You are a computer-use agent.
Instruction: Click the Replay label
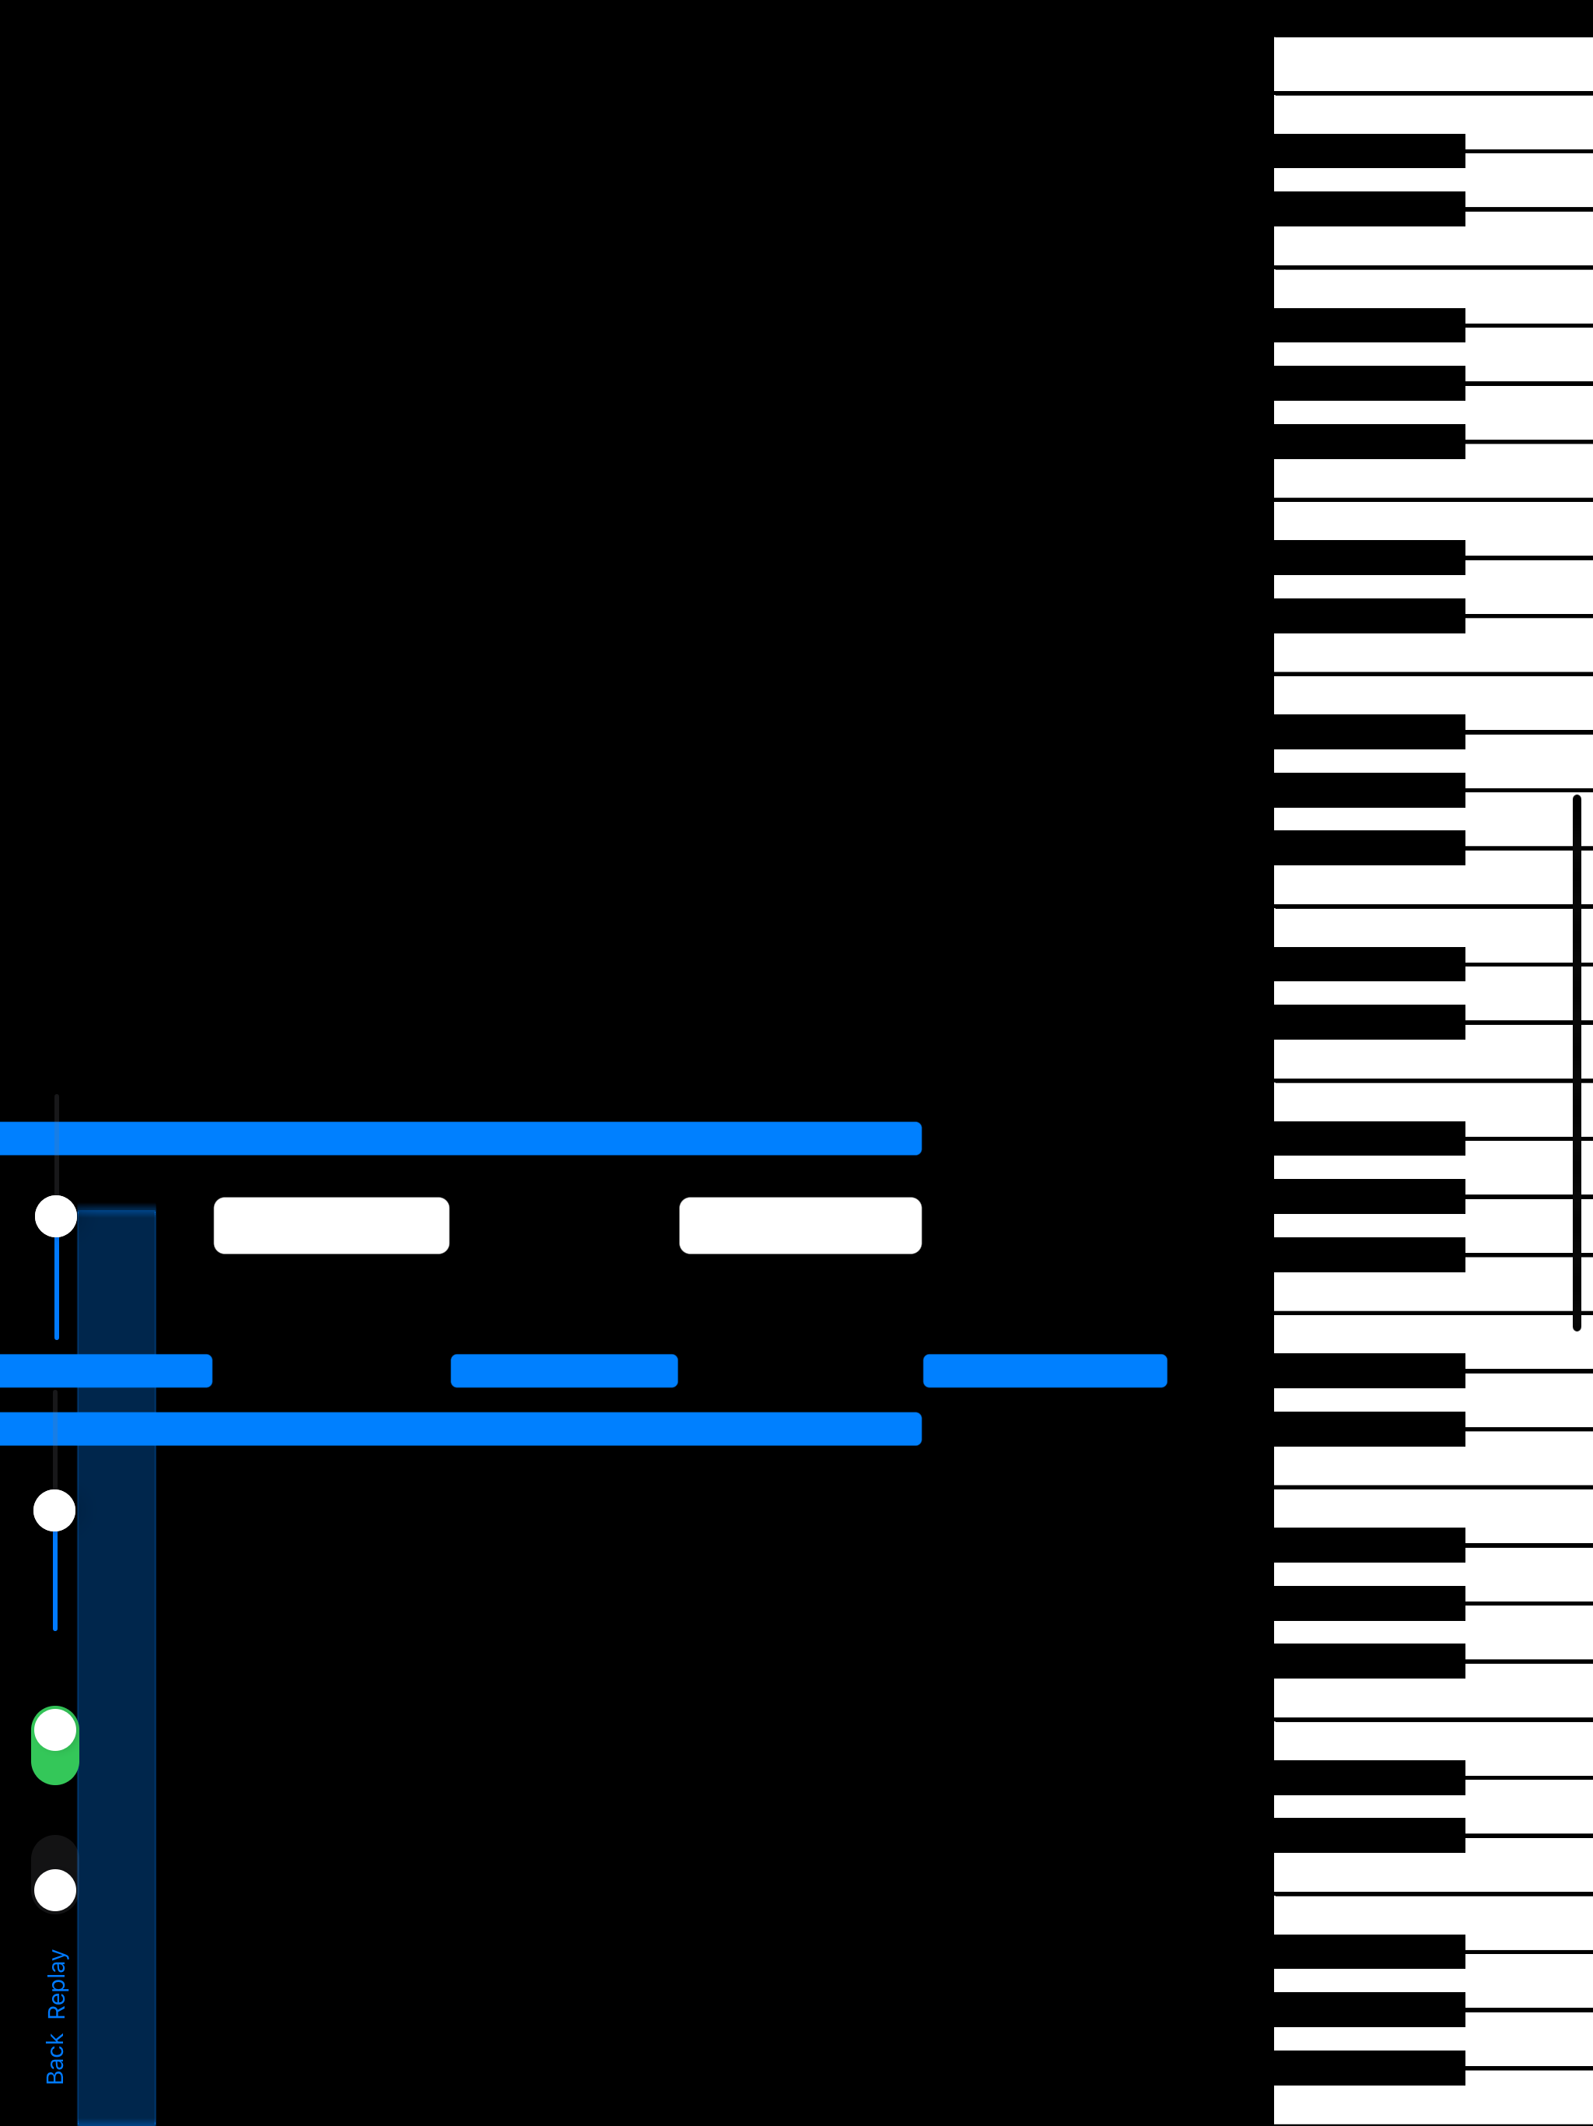click(x=57, y=1984)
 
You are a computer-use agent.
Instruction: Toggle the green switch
click(x=54, y=1745)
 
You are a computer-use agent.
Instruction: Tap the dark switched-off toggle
click(x=54, y=1874)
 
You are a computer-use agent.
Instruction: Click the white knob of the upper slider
click(x=56, y=1216)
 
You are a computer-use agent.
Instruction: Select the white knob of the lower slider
click(x=54, y=1510)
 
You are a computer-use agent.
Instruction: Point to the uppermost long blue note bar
click(x=461, y=1138)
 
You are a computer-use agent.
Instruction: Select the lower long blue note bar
click(x=461, y=1428)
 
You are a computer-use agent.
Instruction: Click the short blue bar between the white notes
click(x=564, y=1370)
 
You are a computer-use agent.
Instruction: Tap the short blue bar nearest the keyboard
click(x=1045, y=1370)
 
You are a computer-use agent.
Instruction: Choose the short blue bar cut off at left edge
click(x=106, y=1370)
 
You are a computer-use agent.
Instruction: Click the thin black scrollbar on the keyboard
click(x=1577, y=1062)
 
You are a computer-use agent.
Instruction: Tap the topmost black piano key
click(x=1369, y=151)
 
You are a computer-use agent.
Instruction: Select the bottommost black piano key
click(x=1369, y=2068)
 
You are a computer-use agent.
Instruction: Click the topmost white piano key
click(x=1434, y=64)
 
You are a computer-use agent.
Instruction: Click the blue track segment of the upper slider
click(x=57, y=1288)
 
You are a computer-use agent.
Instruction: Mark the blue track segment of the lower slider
click(x=54, y=1580)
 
